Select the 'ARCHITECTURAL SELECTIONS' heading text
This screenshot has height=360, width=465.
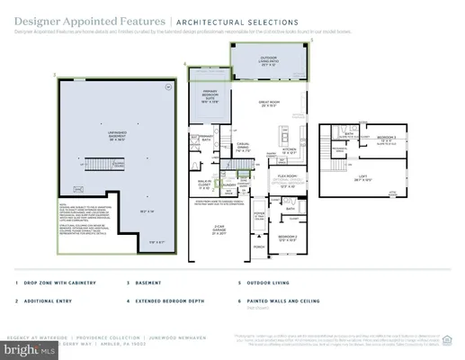pyautogui.click(x=225, y=19)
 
